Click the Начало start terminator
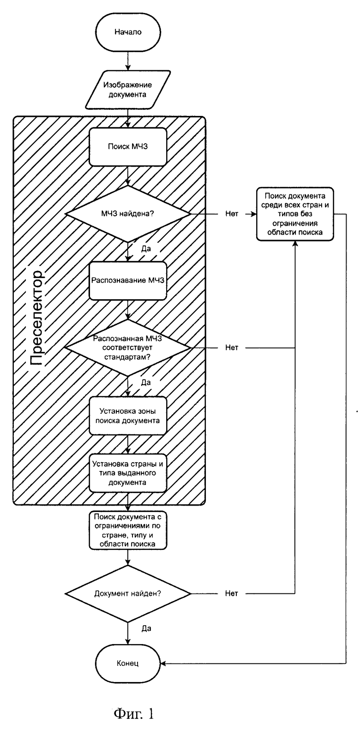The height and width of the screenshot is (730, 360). [x=128, y=32]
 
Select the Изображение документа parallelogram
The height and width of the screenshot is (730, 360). [x=128, y=90]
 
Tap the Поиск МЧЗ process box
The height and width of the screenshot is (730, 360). [x=128, y=146]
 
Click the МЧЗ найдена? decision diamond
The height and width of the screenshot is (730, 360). [x=128, y=214]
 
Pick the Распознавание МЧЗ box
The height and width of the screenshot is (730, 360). [x=128, y=280]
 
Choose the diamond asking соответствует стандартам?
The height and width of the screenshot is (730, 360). [x=128, y=347]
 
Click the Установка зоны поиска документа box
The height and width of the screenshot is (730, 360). [x=128, y=416]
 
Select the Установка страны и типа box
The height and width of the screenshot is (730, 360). [x=128, y=473]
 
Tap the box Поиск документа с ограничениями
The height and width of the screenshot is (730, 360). [x=128, y=530]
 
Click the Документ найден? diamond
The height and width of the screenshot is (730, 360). [x=128, y=593]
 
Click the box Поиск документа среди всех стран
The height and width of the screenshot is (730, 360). [x=295, y=214]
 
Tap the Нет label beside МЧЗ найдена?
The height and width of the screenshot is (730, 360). [x=232, y=214]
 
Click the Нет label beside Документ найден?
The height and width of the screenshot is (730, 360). [x=232, y=593]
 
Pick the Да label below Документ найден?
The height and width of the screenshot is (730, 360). [x=146, y=628]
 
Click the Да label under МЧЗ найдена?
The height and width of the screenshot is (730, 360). [x=146, y=249]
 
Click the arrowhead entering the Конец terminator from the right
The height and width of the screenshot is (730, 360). [x=163, y=663]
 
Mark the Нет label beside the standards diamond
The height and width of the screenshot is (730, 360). [x=232, y=347]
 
